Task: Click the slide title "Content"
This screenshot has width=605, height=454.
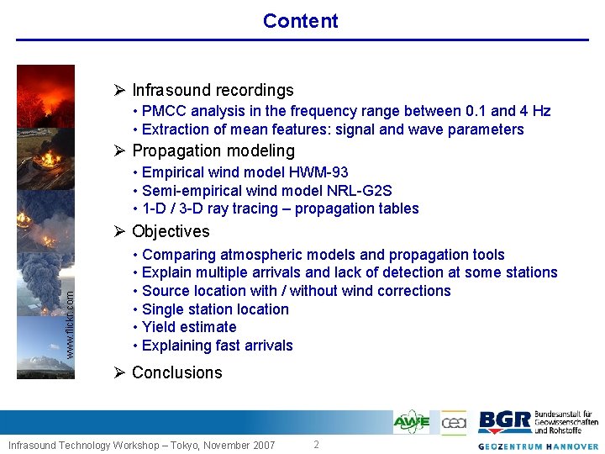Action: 300,21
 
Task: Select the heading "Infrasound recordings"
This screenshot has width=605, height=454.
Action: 213,90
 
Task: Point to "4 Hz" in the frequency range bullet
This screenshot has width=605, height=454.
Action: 535,111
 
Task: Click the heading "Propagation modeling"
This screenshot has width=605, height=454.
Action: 213,151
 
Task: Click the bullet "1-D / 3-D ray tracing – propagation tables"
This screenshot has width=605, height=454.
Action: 281,209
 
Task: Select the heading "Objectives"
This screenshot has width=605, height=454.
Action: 171,231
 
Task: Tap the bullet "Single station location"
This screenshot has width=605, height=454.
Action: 215,309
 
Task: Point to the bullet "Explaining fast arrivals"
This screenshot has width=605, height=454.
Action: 218,346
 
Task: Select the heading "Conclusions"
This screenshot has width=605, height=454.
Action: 176,372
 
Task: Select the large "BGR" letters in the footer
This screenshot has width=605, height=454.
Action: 504,422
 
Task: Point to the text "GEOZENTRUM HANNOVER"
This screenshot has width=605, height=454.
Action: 538,446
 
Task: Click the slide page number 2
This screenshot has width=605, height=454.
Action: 316,445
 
